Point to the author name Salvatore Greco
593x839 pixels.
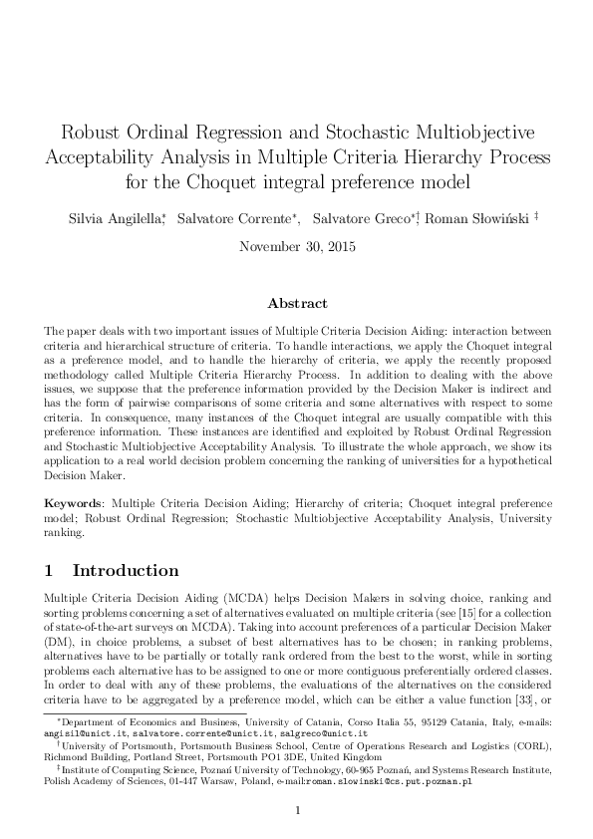point(361,218)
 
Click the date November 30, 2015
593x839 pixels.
point(296,245)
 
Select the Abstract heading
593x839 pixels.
point(296,303)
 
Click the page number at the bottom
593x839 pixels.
point(296,810)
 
